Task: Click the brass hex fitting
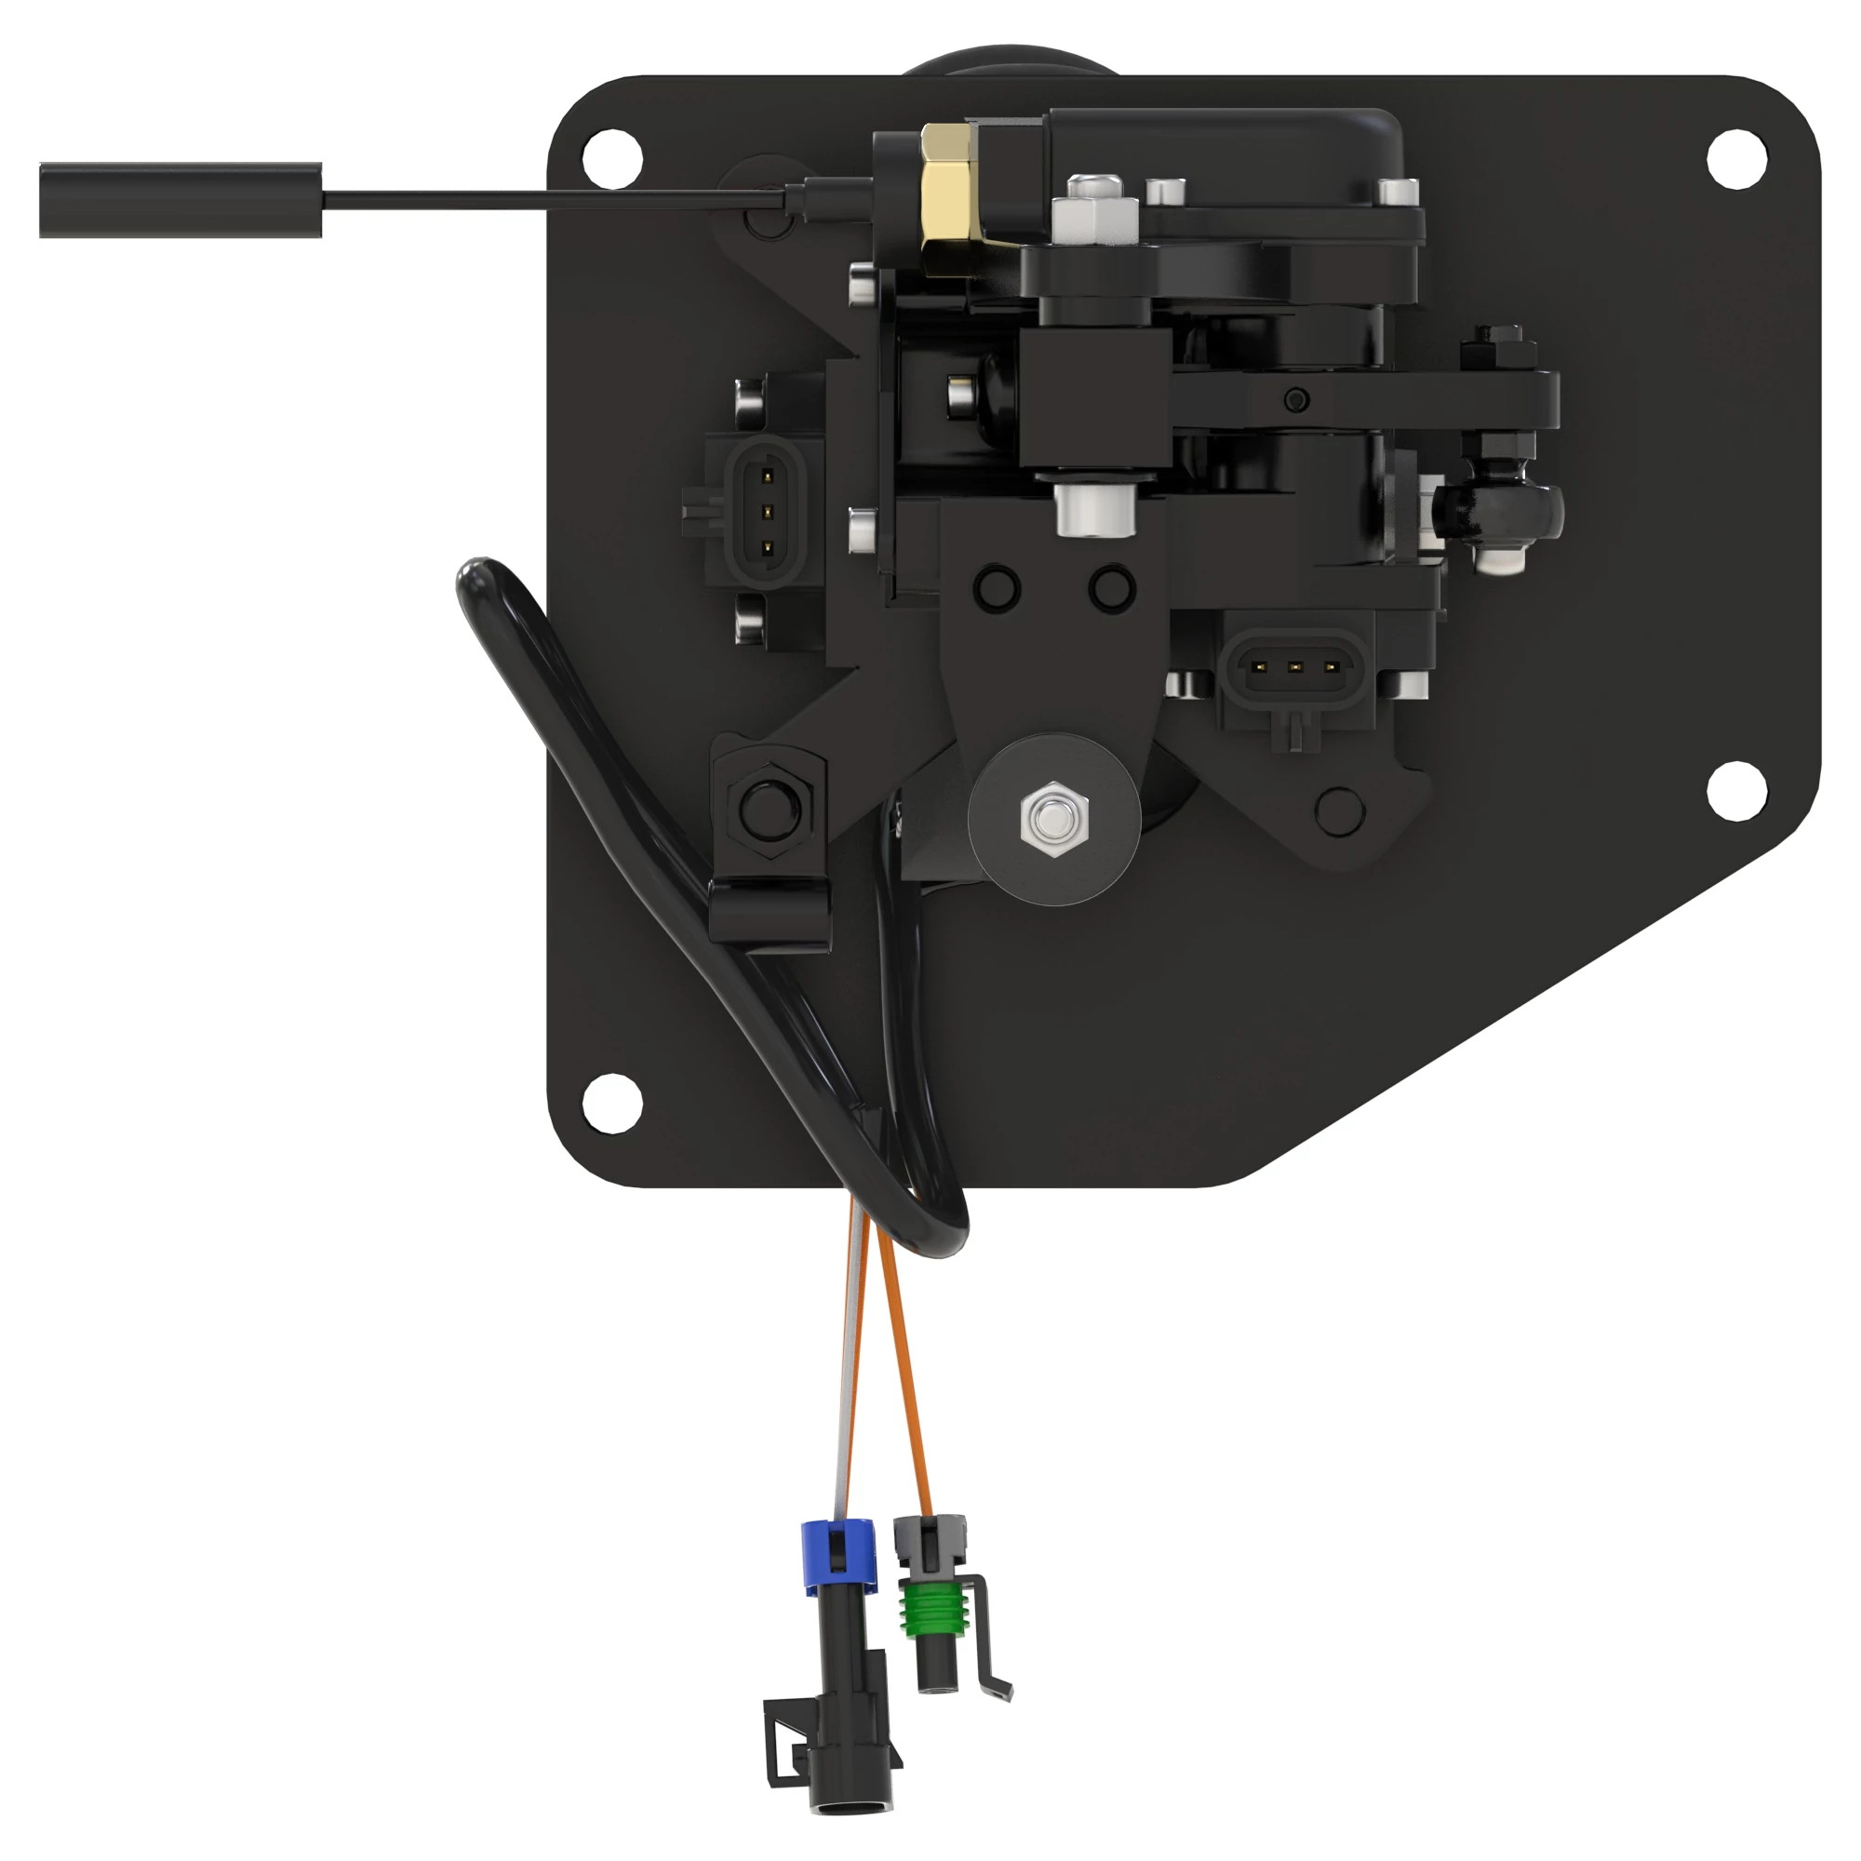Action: [x=948, y=197]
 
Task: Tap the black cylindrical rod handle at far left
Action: [x=181, y=199]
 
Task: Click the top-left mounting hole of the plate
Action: [x=611, y=154]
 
